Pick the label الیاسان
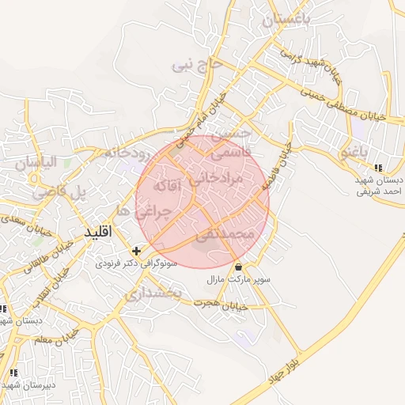point(36,164)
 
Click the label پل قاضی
point(57,191)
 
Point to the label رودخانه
point(120,153)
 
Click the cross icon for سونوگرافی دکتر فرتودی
point(136,250)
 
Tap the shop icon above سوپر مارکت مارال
point(238,266)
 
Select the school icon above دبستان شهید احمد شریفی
point(378,168)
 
